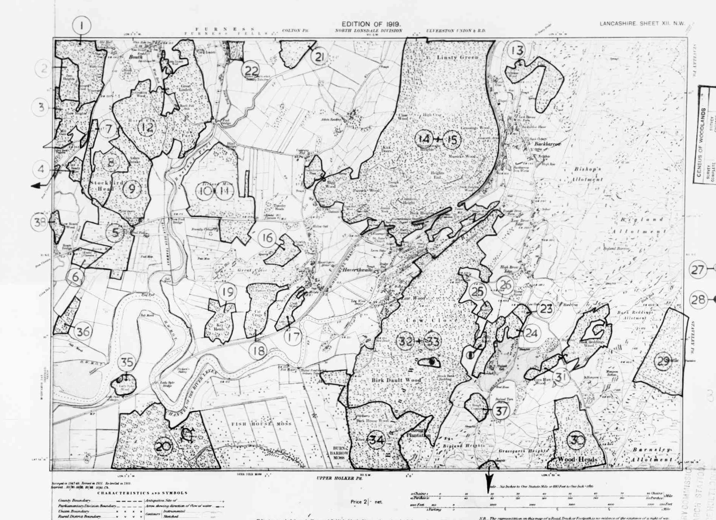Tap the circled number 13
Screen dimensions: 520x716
pyautogui.click(x=517, y=50)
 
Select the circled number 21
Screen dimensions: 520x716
pyautogui.click(x=319, y=57)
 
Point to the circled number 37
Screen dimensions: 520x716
pyautogui.click(x=501, y=411)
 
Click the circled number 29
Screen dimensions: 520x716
pyautogui.click(x=663, y=361)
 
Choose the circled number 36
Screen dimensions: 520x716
pyautogui.click(x=82, y=332)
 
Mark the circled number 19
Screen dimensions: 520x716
pyautogui.click(x=228, y=292)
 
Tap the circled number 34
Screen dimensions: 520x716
pyautogui.click(x=376, y=440)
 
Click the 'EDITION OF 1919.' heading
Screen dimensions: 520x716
pyautogui.click(x=371, y=24)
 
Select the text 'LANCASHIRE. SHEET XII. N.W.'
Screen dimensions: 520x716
pyautogui.click(x=642, y=24)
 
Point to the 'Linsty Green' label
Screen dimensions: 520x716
pyautogui.click(x=457, y=57)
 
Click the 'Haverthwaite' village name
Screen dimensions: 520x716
pyautogui.click(x=357, y=270)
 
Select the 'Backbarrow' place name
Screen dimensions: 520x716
pyautogui.click(x=547, y=144)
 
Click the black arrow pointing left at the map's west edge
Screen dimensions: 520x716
pyautogui.click(x=36, y=186)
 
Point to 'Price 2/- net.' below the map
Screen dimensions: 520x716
pyautogui.click(x=367, y=502)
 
